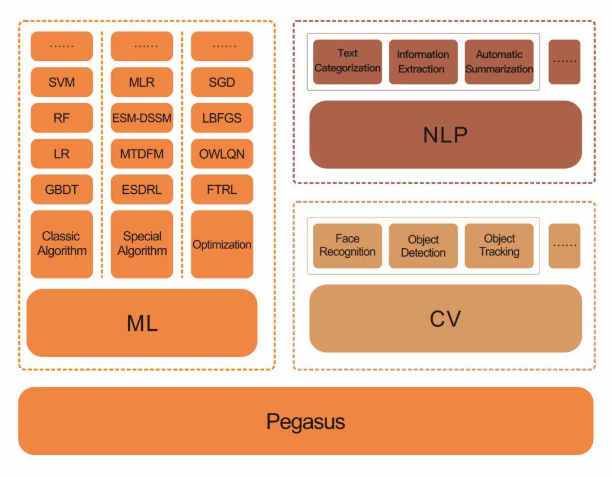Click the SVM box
click(62, 82)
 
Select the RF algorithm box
click(62, 118)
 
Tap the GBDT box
click(62, 189)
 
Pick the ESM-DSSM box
click(142, 118)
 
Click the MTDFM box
click(142, 154)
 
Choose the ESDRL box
click(142, 189)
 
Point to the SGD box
click(222, 82)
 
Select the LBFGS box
click(222, 118)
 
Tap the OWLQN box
click(222, 154)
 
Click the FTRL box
click(222, 189)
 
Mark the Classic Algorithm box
click(62, 244)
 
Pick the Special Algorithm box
click(142, 244)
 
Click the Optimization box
click(222, 244)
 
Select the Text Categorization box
click(347, 62)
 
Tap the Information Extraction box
click(423, 62)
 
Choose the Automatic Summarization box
click(499, 62)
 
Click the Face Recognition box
click(347, 246)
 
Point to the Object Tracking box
click(499, 246)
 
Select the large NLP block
click(445, 135)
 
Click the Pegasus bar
click(305, 421)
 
